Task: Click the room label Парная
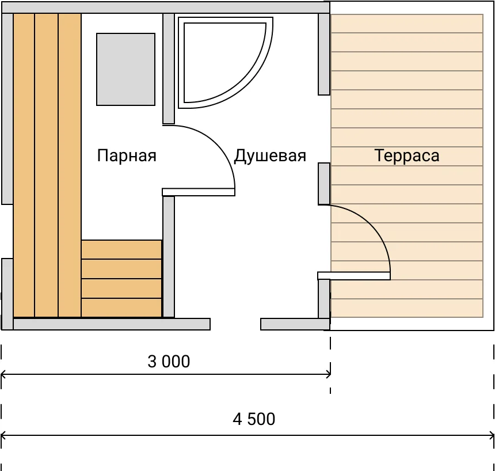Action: coord(127,155)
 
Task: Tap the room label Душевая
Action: coord(270,155)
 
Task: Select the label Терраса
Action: coord(407,155)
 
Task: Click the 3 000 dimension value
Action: coord(169,362)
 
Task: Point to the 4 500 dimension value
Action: coord(254,419)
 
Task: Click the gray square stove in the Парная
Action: coord(125,69)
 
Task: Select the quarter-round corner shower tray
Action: coord(226,63)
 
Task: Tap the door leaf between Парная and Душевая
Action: coord(199,192)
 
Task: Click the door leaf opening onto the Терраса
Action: coord(354,276)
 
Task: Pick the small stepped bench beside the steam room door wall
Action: coord(121,279)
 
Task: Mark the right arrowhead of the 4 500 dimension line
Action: coord(493,436)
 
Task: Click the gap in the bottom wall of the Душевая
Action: coord(235,324)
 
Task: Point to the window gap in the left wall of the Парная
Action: coord(7,231)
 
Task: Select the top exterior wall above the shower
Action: coord(166,7)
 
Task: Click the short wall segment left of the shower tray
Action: coord(169,69)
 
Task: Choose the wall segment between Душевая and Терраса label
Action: coord(324,184)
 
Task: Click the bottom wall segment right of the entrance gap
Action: coord(295,324)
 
